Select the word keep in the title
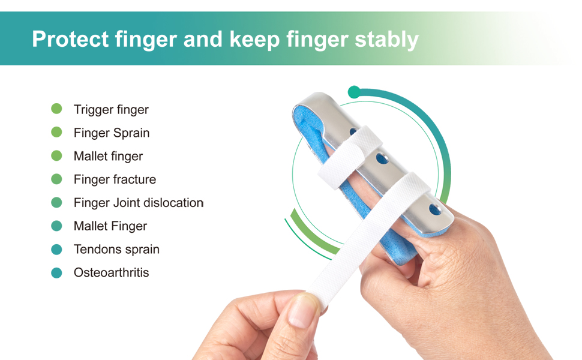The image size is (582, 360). (x=254, y=40)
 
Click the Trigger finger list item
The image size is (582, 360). (x=111, y=110)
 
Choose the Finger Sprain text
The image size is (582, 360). (x=112, y=133)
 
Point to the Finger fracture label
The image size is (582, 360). (x=115, y=179)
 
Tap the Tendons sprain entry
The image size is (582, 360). (x=116, y=250)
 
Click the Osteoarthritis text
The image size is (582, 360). (x=111, y=273)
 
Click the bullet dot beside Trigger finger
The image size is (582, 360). (x=56, y=109)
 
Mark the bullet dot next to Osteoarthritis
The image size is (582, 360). (x=56, y=273)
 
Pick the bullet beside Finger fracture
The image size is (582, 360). (x=56, y=179)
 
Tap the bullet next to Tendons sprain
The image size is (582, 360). (x=56, y=250)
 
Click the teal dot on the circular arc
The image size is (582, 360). (x=354, y=92)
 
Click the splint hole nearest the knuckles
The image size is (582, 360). (x=434, y=210)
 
